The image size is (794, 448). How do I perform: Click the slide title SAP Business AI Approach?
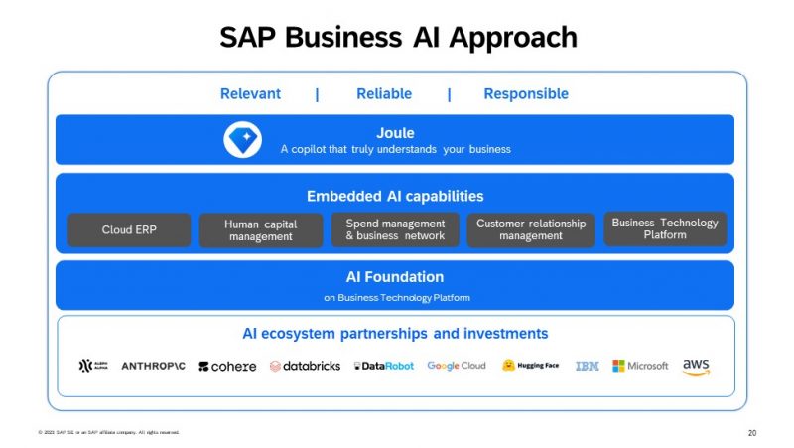click(397, 37)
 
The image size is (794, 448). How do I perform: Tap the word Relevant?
click(250, 94)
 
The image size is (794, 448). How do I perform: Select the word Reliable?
click(384, 94)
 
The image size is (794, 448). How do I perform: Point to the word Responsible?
click(526, 94)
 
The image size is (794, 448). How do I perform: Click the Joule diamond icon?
click(242, 140)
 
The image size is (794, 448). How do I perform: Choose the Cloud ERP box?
click(129, 229)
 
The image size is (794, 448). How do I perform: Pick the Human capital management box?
click(261, 229)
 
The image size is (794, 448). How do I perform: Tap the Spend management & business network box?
click(395, 229)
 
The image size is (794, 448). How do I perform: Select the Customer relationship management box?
click(531, 229)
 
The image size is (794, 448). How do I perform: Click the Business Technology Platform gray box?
click(665, 228)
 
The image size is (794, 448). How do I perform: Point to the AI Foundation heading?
click(395, 277)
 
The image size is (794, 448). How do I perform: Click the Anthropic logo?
click(153, 366)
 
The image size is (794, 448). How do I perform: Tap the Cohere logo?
click(227, 366)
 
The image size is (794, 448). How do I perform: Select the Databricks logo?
click(305, 366)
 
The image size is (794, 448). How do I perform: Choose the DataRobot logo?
click(383, 366)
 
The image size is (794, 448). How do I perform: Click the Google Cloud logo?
click(457, 366)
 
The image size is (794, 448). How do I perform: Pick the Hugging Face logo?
click(530, 366)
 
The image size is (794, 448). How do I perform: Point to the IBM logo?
click(587, 366)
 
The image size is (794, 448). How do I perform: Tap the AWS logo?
click(696, 367)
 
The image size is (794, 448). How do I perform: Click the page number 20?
click(751, 433)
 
